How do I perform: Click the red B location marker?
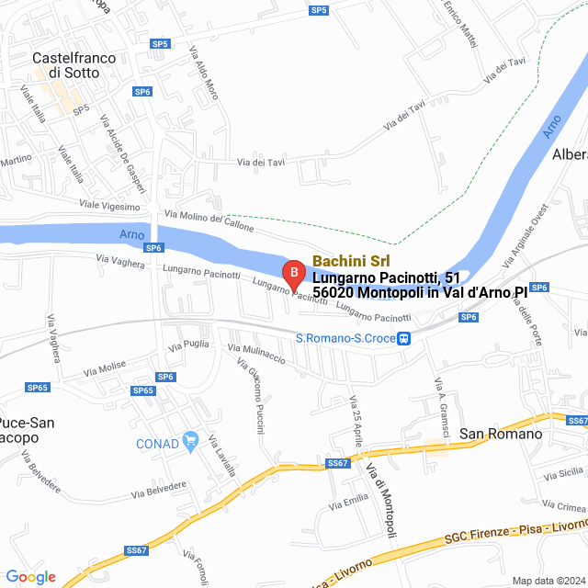coord(292,273)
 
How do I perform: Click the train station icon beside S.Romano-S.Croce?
coord(404,338)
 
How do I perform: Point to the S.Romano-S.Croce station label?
coord(345,338)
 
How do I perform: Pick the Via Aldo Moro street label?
coord(204,73)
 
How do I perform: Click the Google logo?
coord(30,577)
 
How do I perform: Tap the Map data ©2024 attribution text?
coord(547,581)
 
